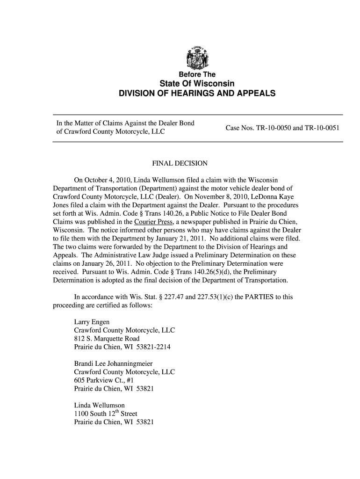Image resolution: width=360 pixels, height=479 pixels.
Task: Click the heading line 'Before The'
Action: click(x=197, y=75)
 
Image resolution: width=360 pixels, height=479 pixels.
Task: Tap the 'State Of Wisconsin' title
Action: click(x=197, y=84)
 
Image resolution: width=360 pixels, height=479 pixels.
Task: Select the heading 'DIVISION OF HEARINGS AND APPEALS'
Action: click(x=197, y=94)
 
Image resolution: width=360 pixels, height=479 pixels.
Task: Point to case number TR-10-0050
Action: click(x=272, y=128)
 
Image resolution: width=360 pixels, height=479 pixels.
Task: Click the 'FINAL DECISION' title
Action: click(x=180, y=163)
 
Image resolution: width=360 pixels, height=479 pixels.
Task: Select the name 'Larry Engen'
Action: click(x=92, y=322)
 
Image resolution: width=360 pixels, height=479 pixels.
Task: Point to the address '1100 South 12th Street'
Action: click(x=106, y=414)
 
